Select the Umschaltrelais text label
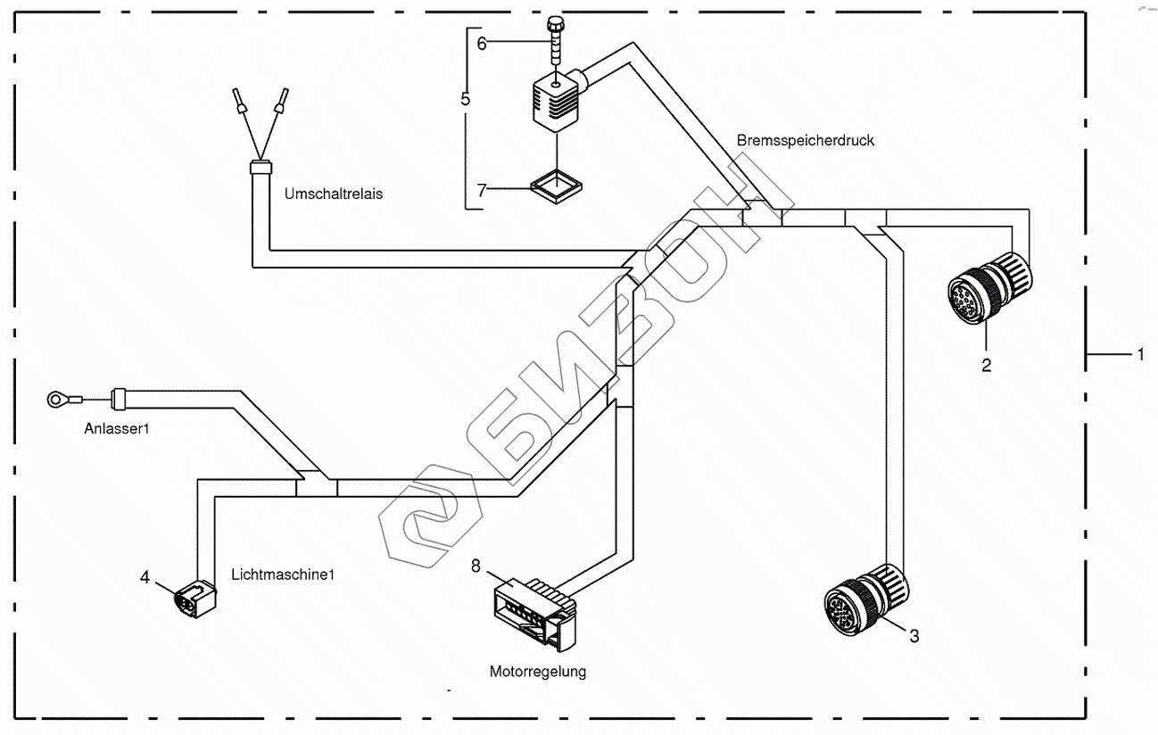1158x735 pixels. click(x=333, y=194)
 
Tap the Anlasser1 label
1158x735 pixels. click(x=116, y=429)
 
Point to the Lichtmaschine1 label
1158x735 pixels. click(x=282, y=574)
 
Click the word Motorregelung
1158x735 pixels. click(x=537, y=672)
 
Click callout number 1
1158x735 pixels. click(x=1139, y=354)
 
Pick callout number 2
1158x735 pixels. click(x=986, y=365)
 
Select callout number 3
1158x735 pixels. click(x=914, y=636)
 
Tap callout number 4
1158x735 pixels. click(x=145, y=577)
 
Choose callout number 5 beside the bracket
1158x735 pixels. click(x=466, y=98)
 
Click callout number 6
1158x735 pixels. click(x=482, y=43)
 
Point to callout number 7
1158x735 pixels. click(x=482, y=189)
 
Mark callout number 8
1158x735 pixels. click(x=476, y=565)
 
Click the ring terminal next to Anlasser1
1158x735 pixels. click(x=60, y=400)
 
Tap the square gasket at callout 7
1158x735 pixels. click(x=556, y=186)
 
